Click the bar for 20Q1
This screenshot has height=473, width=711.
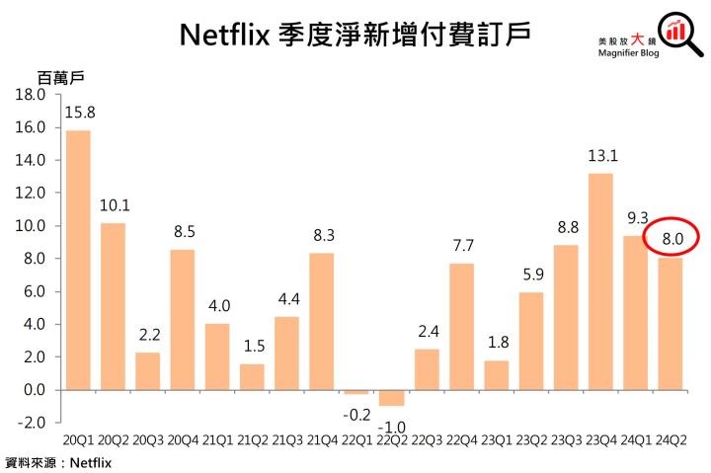pos(78,260)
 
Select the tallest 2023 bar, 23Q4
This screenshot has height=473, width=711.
pos(600,281)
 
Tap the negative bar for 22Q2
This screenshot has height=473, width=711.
pos(391,398)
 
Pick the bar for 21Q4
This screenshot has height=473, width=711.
pos(322,321)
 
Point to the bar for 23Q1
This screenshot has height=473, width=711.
pos(496,374)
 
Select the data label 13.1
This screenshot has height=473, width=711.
pos(600,155)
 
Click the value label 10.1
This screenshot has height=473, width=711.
pos(114,205)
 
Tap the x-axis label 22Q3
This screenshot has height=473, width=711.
pos(427,437)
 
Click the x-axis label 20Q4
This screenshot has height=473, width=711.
pos(183,437)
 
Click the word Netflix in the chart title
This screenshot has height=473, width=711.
pos(226,36)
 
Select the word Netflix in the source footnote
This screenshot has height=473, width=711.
pos(91,461)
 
